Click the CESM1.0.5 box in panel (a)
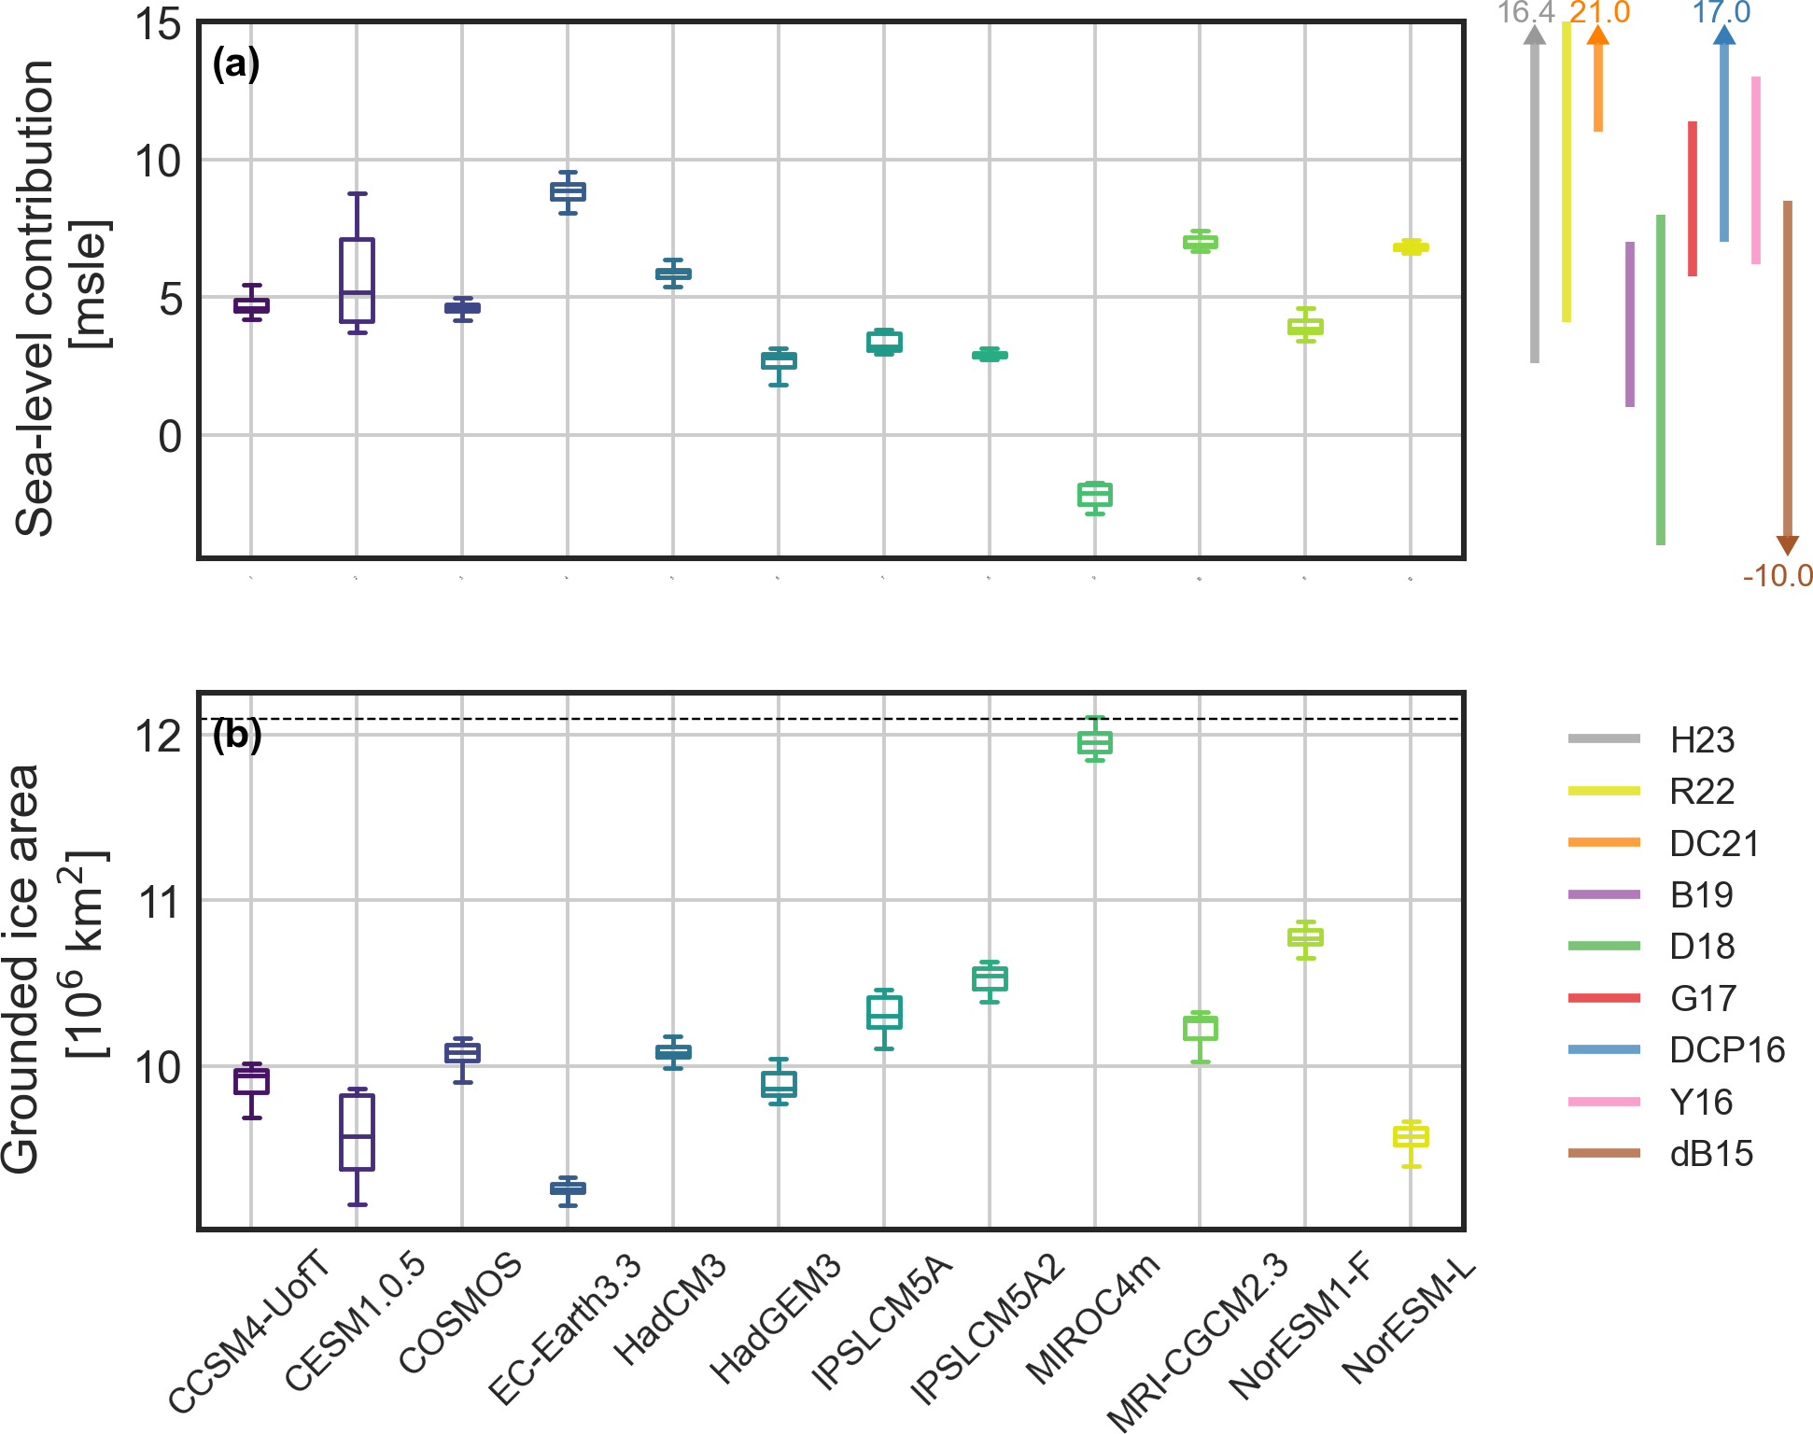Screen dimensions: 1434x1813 click(x=357, y=280)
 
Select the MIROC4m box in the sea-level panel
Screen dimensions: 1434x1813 click(x=1094, y=495)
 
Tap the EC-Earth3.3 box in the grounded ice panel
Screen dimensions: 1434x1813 click(x=568, y=1188)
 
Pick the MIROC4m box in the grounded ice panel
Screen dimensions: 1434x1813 click(x=1094, y=742)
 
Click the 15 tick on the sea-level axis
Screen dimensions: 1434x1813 click(x=157, y=24)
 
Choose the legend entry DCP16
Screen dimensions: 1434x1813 click(x=1726, y=1050)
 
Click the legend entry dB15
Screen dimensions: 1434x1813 click(x=1710, y=1154)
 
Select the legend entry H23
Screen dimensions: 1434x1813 click(x=1701, y=740)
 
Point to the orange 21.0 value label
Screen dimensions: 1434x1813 click(x=1599, y=13)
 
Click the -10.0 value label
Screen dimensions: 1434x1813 click(x=1777, y=576)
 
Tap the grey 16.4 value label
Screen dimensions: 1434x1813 click(x=1525, y=13)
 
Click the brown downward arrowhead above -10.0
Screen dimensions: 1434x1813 click(x=1787, y=545)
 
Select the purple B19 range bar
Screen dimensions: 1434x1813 click(x=1630, y=324)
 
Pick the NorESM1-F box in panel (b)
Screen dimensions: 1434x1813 click(x=1305, y=936)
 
